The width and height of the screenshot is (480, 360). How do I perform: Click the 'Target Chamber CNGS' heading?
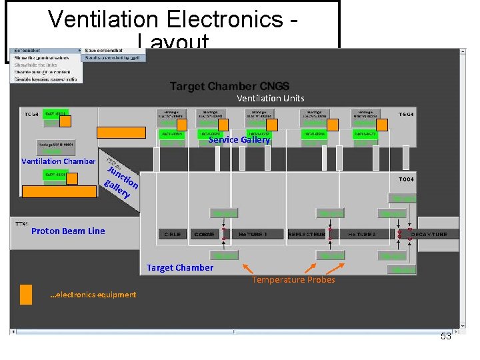point(229,86)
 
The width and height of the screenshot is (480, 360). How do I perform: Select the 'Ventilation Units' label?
point(270,99)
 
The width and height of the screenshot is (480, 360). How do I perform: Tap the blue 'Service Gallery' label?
point(239,140)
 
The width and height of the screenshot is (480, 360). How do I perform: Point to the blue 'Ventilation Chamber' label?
point(58,161)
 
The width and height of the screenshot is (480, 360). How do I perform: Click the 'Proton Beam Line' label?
point(68,231)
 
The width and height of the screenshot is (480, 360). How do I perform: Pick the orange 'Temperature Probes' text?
point(293,280)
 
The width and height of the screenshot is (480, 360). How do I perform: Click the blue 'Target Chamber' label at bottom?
point(180,268)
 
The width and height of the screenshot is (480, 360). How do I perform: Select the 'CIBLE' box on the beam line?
point(173,235)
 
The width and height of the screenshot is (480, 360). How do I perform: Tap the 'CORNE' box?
point(205,235)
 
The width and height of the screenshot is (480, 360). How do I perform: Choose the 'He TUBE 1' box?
point(253,235)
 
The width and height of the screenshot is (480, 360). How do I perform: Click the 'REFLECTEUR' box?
point(307,235)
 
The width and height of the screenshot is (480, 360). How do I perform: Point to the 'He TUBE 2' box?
point(362,235)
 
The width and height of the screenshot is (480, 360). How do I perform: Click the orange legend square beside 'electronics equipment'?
point(26,294)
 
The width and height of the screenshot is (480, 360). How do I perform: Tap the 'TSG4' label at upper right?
point(407,115)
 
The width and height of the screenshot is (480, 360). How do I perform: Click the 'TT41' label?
point(21,225)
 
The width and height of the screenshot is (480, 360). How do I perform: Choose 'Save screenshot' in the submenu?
point(104,51)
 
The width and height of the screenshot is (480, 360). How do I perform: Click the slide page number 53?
point(445,337)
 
